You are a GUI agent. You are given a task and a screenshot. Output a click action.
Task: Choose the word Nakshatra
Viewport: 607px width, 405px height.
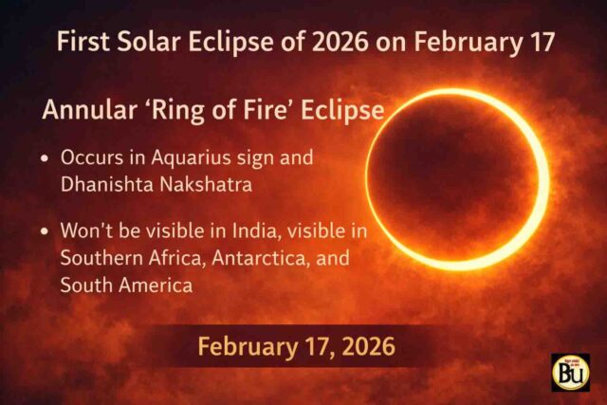(206, 185)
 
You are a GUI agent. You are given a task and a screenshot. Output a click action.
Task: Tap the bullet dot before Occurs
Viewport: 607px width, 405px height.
(46, 159)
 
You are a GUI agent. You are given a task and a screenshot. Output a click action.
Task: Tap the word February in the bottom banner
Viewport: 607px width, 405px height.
(239, 346)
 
